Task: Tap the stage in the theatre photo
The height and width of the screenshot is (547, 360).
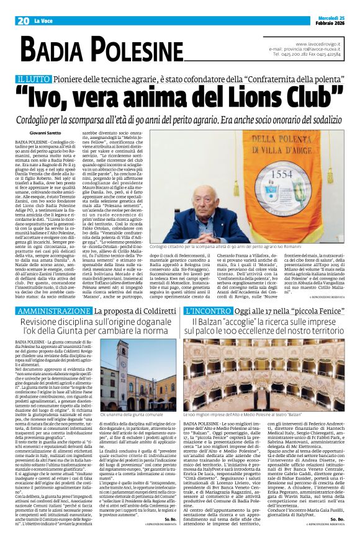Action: (x=264, y=391)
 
